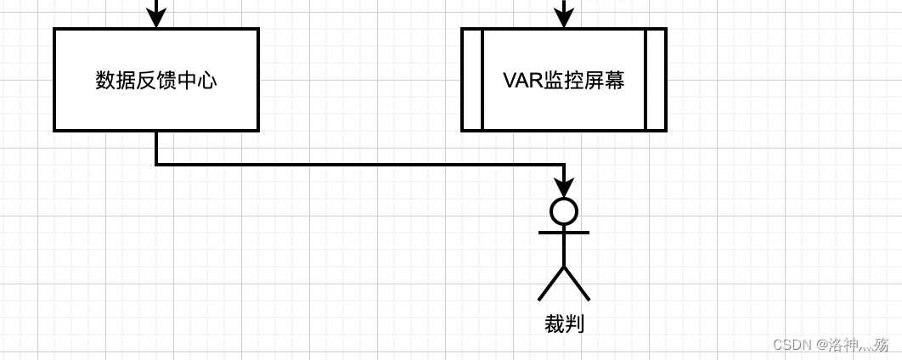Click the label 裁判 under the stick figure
pos(564,323)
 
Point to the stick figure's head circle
pos(564,211)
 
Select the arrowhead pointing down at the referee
pos(564,187)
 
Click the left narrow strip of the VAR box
pos(472,80)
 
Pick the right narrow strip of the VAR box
pos(656,80)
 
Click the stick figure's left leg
pos(551,283)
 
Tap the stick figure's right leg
pos(577,283)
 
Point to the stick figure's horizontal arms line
pos(564,232)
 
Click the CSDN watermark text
pos(792,345)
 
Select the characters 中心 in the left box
pos(197,81)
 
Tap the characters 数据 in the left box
pos(116,81)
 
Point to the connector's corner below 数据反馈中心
pos(156,165)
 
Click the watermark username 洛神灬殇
pos(858,345)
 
